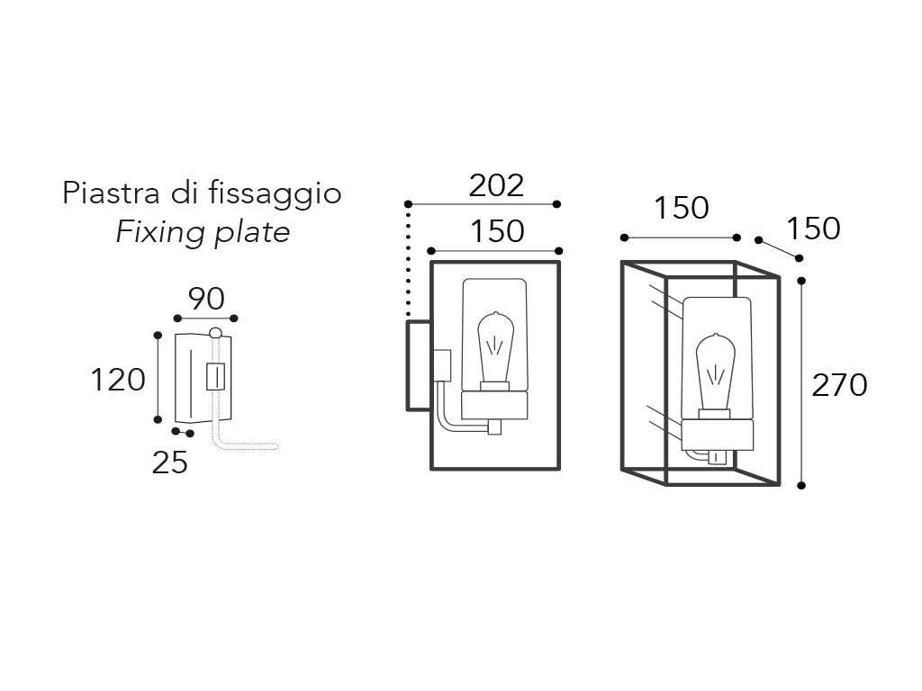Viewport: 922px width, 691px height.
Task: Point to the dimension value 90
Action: [206, 298]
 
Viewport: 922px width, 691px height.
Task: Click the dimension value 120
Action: [117, 380]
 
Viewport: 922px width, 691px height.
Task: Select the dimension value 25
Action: [169, 462]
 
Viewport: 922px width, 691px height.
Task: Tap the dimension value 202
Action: [496, 185]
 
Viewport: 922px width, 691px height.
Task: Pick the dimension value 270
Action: [839, 385]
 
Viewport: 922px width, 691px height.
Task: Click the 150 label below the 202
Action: [496, 231]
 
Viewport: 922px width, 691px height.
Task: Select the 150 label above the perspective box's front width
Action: [681, 208]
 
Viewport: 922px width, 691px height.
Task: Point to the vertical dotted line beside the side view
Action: [408, 261]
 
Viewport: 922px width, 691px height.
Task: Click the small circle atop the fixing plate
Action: [214, 334]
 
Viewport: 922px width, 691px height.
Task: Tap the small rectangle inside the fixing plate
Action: [215, 376]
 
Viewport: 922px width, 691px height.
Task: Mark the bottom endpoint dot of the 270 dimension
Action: [801, 486]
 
